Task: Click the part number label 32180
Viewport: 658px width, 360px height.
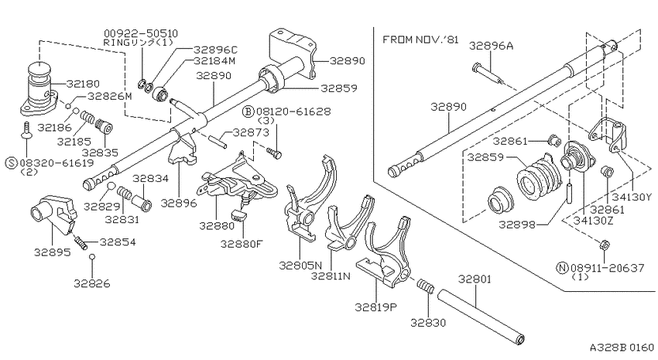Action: [83, 84]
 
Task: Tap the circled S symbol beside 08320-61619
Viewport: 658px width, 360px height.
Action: [12, 163]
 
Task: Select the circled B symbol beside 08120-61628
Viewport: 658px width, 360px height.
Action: [248, 111]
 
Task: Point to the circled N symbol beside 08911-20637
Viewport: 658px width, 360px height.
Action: [562, 268]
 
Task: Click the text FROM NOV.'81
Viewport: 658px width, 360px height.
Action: [420, 39]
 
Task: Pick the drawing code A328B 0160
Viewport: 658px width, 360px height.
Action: [622, 348]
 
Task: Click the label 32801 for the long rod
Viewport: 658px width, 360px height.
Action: [475, 279]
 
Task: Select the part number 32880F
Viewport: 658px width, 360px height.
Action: [241, 244]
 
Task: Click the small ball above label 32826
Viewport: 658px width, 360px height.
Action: [92, 257]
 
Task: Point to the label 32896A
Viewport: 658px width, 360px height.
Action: [491, 46]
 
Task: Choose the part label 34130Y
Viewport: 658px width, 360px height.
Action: [632, 197]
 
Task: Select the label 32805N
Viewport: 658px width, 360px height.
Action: [300, 266]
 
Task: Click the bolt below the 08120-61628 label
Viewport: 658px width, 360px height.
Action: [275, 153]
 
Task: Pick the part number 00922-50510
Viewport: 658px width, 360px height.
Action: [141, 33]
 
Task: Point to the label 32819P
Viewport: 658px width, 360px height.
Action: [376, 307]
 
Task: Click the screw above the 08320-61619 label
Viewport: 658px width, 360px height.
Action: [26, 129]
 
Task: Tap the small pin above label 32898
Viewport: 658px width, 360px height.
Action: [569, 192]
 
